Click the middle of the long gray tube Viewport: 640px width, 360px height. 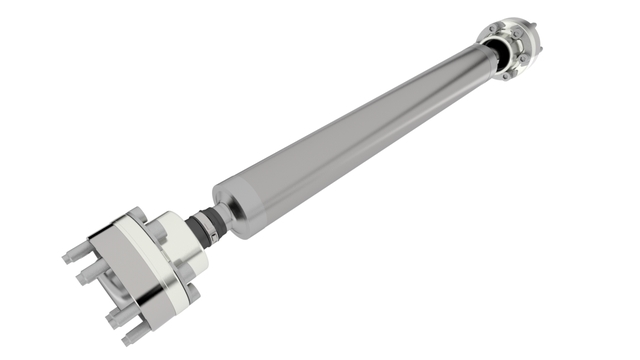pos(350,140)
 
